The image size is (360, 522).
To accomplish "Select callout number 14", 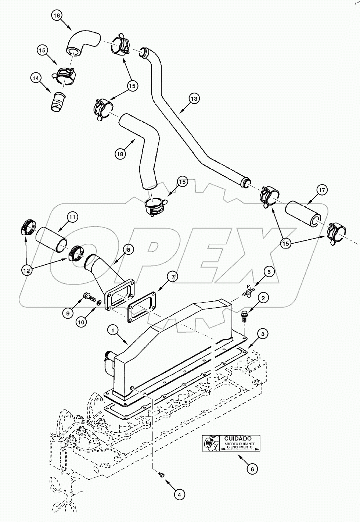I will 36,78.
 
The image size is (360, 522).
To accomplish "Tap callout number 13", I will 194,99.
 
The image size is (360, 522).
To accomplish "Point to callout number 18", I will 120,154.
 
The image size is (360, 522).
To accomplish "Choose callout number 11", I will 72,217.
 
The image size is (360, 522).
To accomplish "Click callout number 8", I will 128,250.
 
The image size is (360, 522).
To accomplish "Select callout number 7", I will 172,276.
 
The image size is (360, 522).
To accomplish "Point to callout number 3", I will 262,334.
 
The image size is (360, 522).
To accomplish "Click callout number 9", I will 68,313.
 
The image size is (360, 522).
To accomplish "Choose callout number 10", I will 82,322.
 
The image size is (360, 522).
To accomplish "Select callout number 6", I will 252,469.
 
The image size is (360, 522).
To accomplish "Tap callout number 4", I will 179,495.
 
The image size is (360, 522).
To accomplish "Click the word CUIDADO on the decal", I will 238,439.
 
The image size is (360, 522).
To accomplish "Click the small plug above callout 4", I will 161,476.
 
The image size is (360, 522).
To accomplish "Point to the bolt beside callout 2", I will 244,317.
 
